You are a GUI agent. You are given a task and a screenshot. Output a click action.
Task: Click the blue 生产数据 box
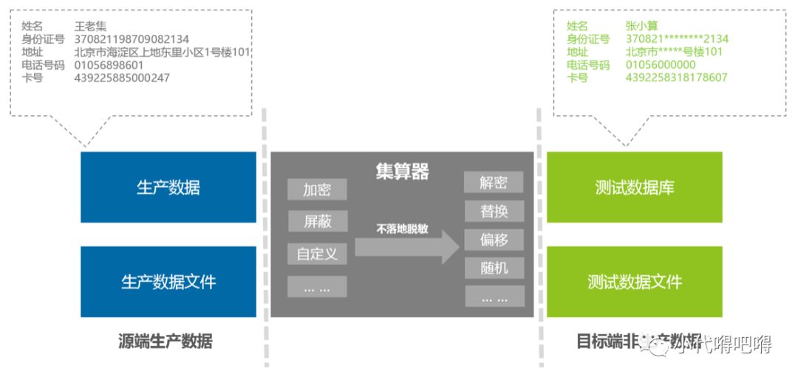168,188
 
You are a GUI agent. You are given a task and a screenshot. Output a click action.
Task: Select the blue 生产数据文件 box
168,282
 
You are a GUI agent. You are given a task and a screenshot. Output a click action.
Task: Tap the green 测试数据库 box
634,188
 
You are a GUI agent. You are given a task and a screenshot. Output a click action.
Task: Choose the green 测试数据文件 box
634,282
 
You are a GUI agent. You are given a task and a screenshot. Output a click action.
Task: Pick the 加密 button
317,190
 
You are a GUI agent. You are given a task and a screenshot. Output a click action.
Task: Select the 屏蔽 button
317,222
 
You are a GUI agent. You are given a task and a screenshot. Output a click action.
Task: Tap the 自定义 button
317,254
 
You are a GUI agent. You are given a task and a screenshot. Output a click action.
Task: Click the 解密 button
494,183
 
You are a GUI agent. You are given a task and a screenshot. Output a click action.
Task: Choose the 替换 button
494,211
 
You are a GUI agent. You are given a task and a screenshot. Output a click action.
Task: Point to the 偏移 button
494,240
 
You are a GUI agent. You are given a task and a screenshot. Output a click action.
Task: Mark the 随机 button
494,268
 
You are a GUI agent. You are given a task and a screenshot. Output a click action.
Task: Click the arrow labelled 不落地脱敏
407,245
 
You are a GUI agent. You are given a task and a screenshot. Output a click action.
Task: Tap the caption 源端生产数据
166,342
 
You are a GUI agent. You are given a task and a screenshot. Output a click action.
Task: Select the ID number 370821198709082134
132,39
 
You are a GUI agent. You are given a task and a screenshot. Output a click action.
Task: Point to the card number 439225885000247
122,77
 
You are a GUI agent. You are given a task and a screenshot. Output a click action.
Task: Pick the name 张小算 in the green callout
641,27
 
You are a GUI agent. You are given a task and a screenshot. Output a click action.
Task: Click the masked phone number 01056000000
661,64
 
